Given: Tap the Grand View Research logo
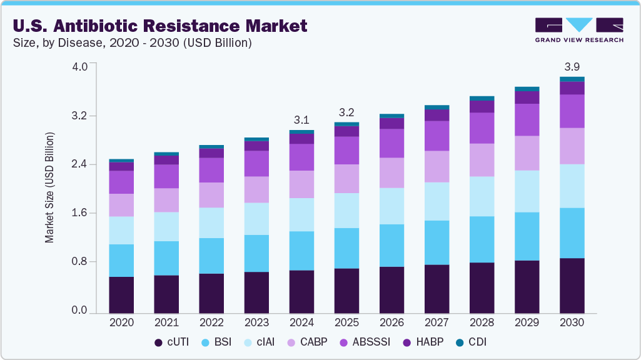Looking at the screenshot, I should tap(578, 30).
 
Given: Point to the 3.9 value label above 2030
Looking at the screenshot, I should tap(572, 67).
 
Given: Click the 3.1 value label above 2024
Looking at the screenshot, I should tap(301, 120).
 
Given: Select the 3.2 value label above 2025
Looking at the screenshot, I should tap(346, 112).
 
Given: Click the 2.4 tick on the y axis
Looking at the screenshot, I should tap(80, 164).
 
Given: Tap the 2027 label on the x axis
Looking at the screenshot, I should tap(437, 323).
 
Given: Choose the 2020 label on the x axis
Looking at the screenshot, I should tap(121, 323).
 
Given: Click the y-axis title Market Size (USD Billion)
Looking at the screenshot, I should tap(49, 187).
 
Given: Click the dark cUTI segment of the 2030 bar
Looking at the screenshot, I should tap(572, 285).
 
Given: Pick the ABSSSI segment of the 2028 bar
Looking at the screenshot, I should tap(482, 128).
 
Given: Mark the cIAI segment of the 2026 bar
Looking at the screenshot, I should tap(391, 206).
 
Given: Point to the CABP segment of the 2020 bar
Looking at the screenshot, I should tap(121, 205).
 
